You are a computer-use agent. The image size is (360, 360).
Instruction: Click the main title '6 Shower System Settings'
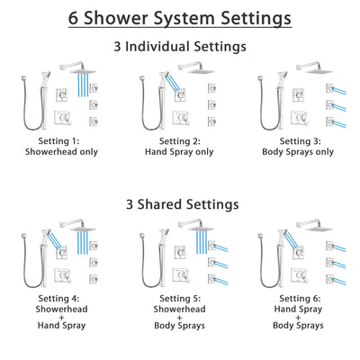pos(180,17)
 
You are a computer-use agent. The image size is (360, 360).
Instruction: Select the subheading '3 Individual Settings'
pos(180,46)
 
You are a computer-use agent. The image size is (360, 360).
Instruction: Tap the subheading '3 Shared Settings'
pos(180,204)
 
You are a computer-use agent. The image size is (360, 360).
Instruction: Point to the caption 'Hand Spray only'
pos(180,152)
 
